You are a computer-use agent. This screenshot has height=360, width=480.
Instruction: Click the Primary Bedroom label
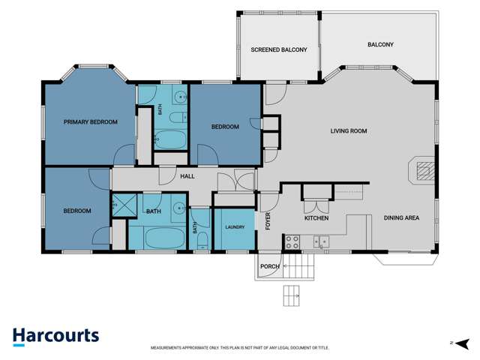[91, 121]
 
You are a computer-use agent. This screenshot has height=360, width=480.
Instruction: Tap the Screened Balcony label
[279, 49]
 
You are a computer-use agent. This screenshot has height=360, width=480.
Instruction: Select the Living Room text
[349, 131]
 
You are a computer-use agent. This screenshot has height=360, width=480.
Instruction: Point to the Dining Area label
[402, 218]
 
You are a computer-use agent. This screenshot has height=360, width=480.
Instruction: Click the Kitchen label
[316, 218]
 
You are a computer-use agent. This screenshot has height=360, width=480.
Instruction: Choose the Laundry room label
[235, 227]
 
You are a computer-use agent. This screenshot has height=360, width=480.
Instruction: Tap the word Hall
[187, 176]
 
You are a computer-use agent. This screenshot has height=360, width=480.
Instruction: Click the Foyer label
[268, 221]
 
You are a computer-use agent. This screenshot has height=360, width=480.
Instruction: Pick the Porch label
[270, 267]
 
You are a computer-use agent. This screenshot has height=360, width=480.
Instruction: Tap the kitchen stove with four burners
[292, 241]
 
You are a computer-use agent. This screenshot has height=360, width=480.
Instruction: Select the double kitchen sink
[321, 241]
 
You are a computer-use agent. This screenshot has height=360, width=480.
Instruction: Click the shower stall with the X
[124, 205]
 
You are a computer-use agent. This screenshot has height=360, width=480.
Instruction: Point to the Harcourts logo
[56, 337]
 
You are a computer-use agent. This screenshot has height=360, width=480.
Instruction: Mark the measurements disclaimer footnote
[240, 348]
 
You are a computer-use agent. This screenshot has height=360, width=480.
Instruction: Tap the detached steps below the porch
[292, 295]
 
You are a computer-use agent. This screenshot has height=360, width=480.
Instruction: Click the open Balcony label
[380, 45]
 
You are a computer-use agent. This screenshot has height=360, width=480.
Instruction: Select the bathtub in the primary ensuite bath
[170, 140]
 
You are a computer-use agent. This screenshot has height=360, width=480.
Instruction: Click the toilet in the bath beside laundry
[202, 241]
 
